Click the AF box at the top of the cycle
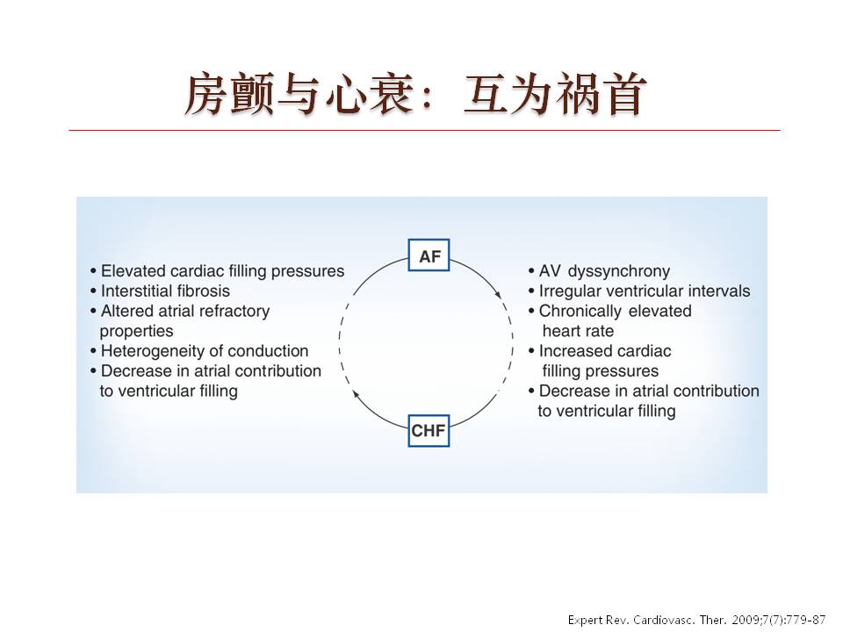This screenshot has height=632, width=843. (x=429, y=255)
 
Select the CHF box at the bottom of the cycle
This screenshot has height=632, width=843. (x=429, y=430)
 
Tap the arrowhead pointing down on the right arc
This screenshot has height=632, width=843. (x=499, y=295)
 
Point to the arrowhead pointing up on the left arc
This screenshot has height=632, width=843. (x=356, y=394)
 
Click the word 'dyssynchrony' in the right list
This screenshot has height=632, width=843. (x=619, y=271)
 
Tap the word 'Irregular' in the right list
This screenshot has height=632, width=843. (x=568, y=291)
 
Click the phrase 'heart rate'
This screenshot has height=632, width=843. (x=578, y=331)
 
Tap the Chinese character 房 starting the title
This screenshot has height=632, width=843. (x=205, y=95)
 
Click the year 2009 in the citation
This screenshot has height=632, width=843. (x=746, y=620)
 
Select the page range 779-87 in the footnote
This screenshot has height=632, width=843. (x=806, y=620)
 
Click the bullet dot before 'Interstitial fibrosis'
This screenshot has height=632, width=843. (x=94, y=291)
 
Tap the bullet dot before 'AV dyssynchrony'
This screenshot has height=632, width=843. (x=532, y=272)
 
